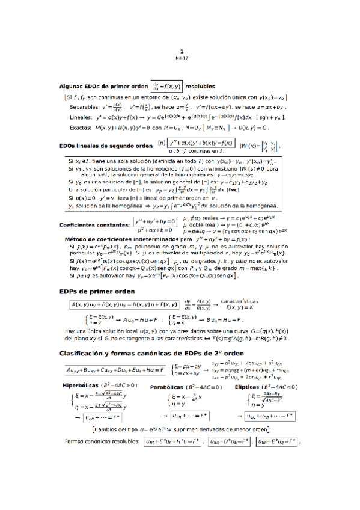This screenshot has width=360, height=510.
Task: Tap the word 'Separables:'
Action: (84, 106)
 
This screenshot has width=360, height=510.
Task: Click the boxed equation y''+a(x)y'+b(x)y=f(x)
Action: (201, 143)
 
